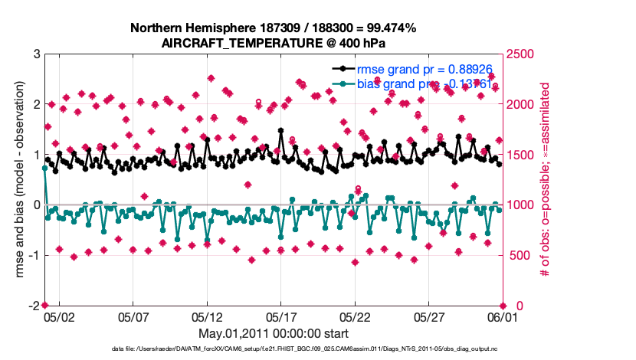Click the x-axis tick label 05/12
coord(207,316)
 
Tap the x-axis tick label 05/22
coord(356,316)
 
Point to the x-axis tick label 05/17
coord(281,316)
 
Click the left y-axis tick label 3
coord(36,54)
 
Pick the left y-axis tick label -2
coord(33,306)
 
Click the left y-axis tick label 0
coord(36,205)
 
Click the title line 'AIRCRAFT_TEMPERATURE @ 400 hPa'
coord(274,43)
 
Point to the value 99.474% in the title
coord(386,28)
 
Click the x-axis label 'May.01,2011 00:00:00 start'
coord(274,333)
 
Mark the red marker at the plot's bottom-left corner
coord(44,306)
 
